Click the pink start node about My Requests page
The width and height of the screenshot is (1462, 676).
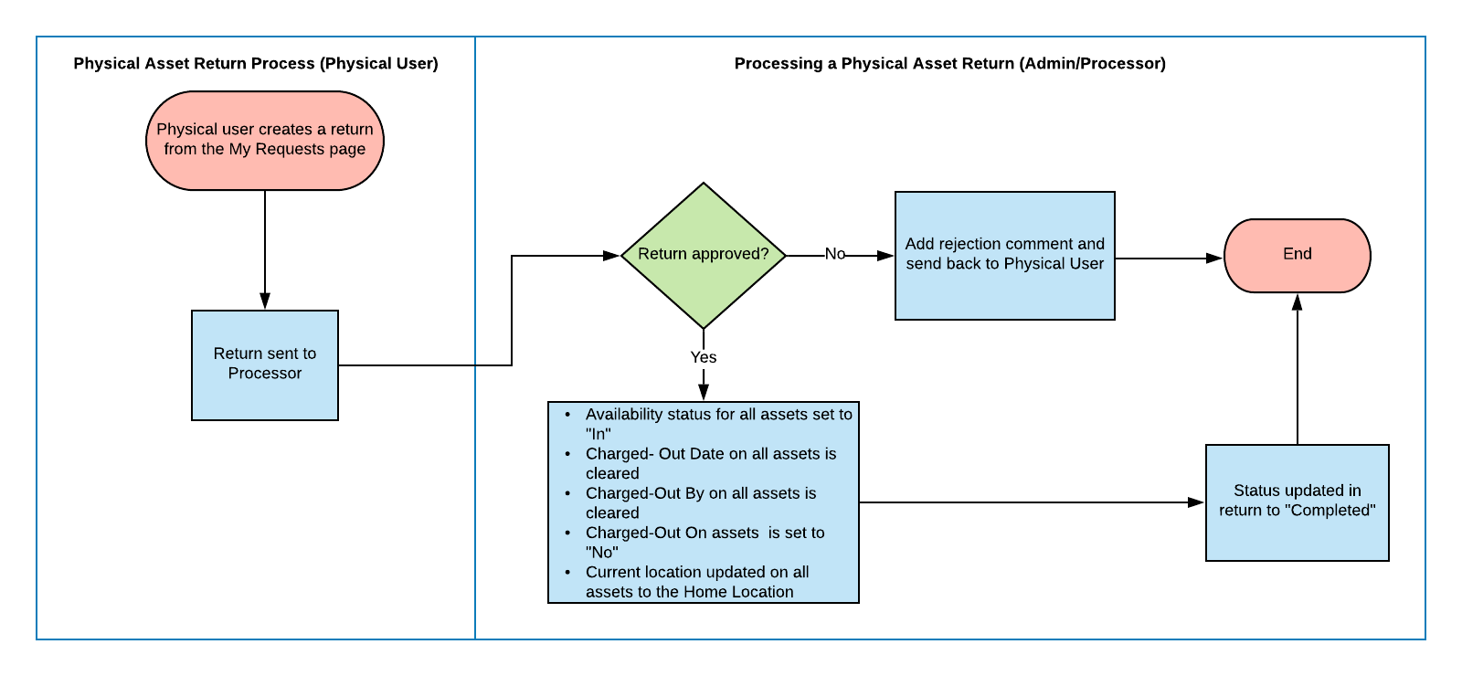265,140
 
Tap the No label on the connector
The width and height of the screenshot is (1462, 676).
834,254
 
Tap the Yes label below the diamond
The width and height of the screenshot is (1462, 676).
704,357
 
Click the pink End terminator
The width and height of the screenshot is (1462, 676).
1297,255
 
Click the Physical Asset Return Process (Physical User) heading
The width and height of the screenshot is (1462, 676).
256,63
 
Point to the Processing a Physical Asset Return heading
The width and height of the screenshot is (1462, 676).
949,63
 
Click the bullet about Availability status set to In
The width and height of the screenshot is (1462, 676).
718,424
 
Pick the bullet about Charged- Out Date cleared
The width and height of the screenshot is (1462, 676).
711,463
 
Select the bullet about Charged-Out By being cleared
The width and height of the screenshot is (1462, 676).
701,502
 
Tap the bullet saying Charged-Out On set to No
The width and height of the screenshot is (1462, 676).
705,542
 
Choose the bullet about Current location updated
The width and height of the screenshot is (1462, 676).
697,582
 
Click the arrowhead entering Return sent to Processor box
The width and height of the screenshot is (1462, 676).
265,301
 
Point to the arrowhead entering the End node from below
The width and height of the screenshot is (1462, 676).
1297,301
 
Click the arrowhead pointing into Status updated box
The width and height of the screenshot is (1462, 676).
1195,502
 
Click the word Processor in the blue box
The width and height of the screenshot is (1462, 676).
265,373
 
